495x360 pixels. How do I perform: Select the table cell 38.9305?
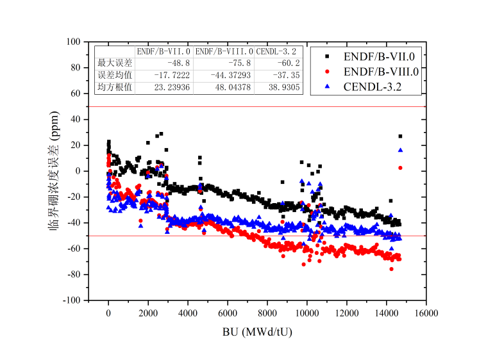(281, 87)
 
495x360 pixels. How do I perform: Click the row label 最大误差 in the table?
(114, 63)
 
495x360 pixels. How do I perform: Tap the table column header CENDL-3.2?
(276, 51)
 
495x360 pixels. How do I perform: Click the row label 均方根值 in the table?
(114, 87)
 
